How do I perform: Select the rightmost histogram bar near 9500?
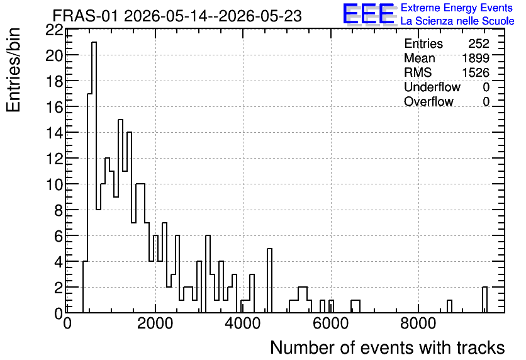[x=484, y=300]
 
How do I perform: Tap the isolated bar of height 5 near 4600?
[x=270, y=281]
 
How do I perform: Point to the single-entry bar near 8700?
[x=449, y=307]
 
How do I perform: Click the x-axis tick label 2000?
[x=155, y=324]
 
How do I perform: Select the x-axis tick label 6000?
[x=331, y=324]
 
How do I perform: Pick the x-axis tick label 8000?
[x=418, y=324]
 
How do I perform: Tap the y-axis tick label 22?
[x=54, y=30]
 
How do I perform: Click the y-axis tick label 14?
[x=54, y=133]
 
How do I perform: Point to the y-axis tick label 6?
[x=59, y=237]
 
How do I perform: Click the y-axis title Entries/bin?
[x=14, y=70]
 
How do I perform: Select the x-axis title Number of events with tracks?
[x=388, y=347]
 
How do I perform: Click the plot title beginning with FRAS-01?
[x=177, y=16]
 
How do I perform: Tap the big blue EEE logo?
[x=369, y=14]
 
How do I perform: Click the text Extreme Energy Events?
[x=457, y=8]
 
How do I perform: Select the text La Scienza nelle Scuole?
[x=457, y=21]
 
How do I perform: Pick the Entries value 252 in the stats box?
[x=479, y=43]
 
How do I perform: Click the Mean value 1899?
[x=476, y=58]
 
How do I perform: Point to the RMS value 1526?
[x=476, y=72]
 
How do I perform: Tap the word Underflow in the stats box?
[x=432, y=87]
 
